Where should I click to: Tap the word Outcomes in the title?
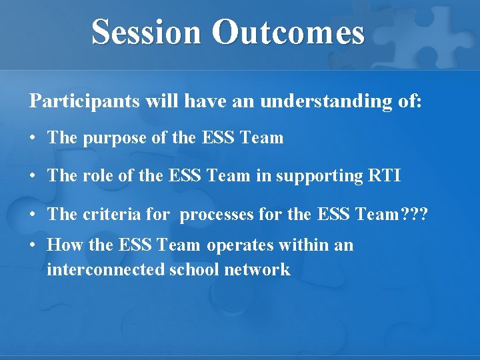point(289,32)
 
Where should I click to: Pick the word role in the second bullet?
point(99,176)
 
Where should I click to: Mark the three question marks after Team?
point(414,214)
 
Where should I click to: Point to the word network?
point(257,269)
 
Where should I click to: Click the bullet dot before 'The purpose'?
point(33,139)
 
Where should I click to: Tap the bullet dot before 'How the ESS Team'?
point(33,246)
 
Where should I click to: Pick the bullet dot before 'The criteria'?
point(33,215)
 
